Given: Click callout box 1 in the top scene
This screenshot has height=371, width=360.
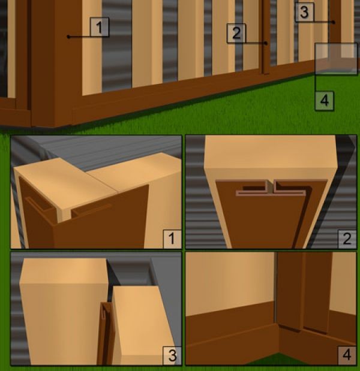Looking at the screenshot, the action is pos(100,27).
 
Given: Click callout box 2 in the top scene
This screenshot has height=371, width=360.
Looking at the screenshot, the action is pos(236,33).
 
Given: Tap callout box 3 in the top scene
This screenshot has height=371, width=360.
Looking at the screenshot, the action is pos(305,13).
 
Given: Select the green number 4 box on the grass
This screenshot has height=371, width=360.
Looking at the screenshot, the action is pos(324,101).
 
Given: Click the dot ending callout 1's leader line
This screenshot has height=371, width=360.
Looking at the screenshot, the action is pos(68,37).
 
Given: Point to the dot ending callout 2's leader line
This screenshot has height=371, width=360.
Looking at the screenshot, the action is pos(266,43).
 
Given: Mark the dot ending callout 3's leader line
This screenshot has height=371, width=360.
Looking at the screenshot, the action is pos(334,22).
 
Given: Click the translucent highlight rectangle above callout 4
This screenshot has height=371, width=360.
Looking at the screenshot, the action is pos(336,59).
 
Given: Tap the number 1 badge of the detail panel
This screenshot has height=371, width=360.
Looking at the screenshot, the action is pos(172,239).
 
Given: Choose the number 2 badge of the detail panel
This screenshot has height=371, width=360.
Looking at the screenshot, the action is pos(347,239).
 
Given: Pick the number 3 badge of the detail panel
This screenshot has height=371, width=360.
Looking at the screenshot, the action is pos(172,355).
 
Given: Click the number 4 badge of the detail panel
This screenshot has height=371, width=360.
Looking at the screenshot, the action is pos(347,355).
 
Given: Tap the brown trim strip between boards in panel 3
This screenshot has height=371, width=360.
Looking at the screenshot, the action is pos(106,334).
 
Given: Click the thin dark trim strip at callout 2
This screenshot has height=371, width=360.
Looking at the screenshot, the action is pos(265,38).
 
